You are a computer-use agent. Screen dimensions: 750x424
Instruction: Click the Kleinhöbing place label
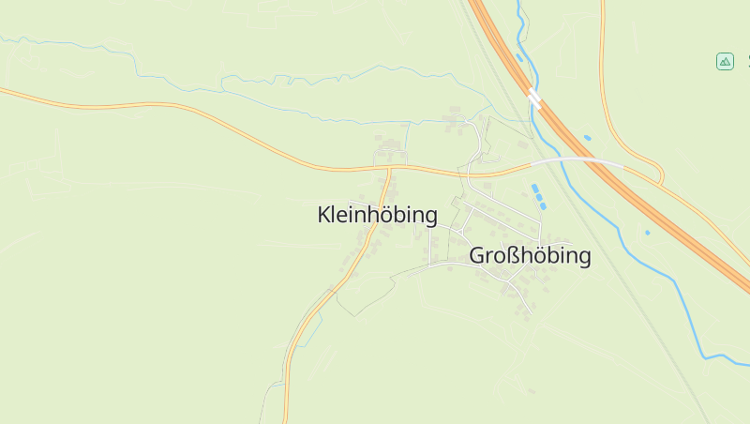pos(378,215)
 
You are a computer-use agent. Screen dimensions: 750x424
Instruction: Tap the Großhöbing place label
pos(530,255)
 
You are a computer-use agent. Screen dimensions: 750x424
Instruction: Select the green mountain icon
pos(725,61)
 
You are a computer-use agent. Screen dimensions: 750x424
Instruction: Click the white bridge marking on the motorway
pos(533,97)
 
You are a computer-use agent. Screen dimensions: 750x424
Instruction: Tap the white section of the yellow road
pos(577,161)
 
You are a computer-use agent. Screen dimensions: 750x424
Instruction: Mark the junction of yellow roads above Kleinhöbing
pos(389,169)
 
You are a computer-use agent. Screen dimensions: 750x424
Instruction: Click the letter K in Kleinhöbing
pos(324,215)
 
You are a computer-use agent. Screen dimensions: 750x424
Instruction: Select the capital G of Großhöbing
pos(476,255)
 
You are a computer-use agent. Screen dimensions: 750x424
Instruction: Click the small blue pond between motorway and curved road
pos(588,138)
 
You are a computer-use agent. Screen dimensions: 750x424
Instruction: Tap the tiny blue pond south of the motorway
pos(647,232)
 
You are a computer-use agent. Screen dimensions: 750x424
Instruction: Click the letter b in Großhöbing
pos(552,255)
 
